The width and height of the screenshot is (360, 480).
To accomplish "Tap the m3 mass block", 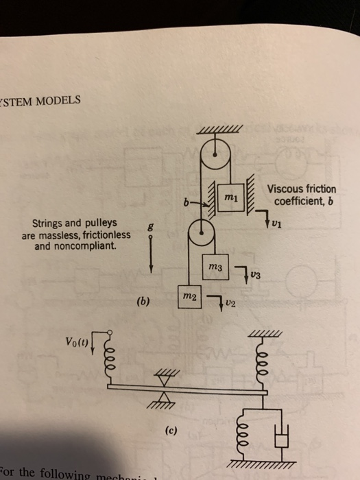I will (216, 265).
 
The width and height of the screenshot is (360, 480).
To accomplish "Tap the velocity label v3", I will (255, 276).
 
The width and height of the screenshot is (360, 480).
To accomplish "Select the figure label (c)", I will (173, 433).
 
